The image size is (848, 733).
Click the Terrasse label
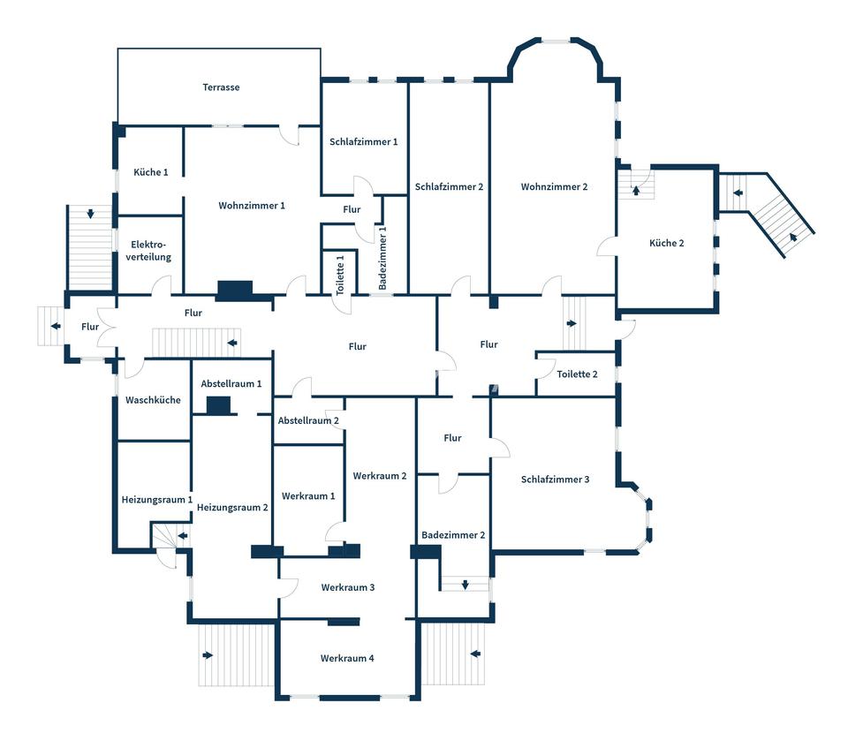click(x=221, y=87)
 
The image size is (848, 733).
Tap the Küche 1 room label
click(x=151, y=172)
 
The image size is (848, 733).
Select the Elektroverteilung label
click(x=150, y=251)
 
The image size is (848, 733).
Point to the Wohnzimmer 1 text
click(x=252, y=205)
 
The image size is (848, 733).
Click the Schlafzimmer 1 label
click(x=363, y=141)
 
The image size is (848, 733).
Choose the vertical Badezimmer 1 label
click(x=382, y=258)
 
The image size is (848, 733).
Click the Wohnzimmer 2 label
click(x=554, y=186)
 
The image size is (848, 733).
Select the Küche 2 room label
click(x=666, y=243)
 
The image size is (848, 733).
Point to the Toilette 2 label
click(x=577, y=374)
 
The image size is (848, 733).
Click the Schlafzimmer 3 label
click(x=555, y=480)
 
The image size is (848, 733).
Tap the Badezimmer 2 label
click(x=453, y=534)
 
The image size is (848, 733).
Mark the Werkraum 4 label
click(x=347, y=658)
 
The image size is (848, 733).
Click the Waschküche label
click(x=153, y=400)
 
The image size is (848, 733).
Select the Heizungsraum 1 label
click(x=156, y=500)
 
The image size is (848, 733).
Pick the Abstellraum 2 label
click(x=308, y=420)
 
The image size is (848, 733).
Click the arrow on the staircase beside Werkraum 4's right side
click(x=475, y=654)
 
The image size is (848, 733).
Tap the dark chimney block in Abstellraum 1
click(x=218, y=405)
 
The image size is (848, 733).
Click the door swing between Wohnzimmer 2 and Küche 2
click(x=608, y=246)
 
